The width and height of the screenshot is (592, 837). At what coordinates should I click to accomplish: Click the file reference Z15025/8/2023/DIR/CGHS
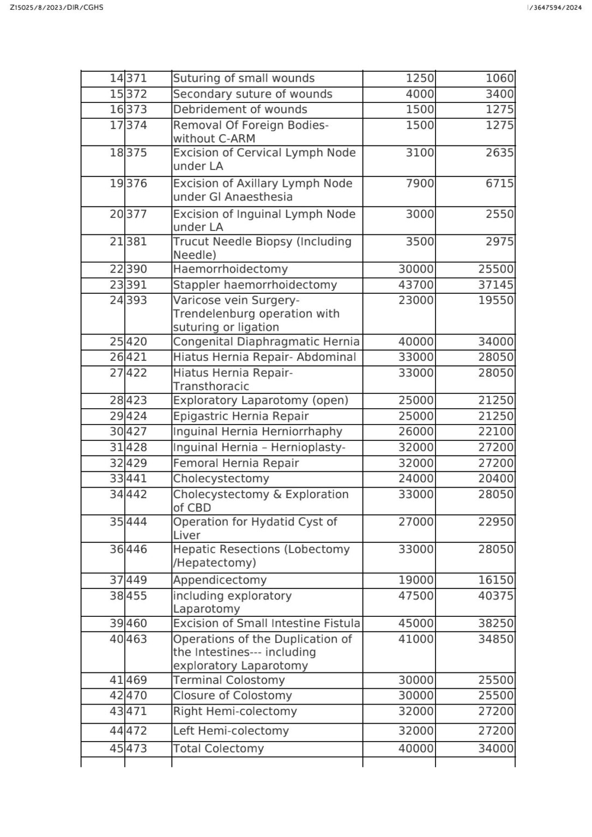(x=57, y=8)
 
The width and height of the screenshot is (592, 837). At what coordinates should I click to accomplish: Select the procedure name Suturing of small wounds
(x=244, y=78)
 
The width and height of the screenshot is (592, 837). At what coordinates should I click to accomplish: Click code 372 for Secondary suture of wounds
(x=137, y=94)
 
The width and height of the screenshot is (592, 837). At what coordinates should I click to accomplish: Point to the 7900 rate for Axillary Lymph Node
(x=420, y=184)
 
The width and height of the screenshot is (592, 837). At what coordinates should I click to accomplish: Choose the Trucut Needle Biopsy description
(x=262, y=248)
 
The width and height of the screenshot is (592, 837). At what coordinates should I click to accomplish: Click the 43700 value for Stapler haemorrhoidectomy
(x=416, y=285)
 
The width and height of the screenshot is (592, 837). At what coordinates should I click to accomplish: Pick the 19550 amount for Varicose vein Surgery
(x=496, y=300)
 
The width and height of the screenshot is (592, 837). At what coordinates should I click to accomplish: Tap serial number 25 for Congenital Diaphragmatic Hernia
(x=117, y=342)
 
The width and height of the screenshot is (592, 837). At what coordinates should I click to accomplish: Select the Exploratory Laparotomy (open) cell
(x=261, y=401)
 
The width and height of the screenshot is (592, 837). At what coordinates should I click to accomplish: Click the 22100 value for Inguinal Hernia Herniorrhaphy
(x=496, y=432)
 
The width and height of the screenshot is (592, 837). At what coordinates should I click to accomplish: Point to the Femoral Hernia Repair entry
(x=236, y=463)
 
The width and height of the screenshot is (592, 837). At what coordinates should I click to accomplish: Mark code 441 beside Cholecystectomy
(x=137, y=479)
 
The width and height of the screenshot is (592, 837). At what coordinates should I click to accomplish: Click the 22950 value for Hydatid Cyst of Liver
(x=496, y=522)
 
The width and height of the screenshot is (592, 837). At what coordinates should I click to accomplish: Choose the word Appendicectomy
(x=220, y=580)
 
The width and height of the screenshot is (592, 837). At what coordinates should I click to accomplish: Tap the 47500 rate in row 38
(x=416, y=596)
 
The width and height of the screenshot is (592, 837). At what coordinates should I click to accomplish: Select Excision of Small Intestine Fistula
(x=266, y=623)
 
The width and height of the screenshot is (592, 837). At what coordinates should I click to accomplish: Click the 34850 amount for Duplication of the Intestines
(x=496, y=639)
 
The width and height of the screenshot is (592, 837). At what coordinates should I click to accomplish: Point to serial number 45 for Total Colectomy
(x=117, y=749)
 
